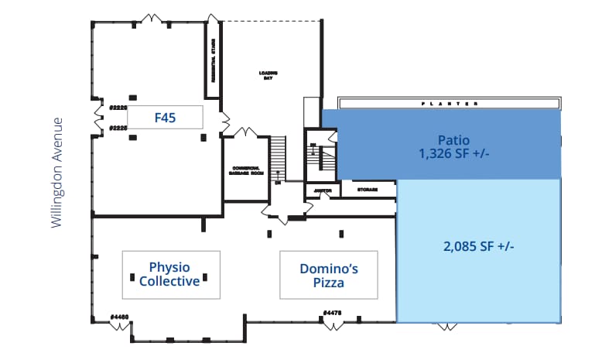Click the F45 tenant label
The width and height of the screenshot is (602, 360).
165,118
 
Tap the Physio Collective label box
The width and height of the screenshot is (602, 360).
170,274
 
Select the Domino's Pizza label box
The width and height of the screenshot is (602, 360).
328,274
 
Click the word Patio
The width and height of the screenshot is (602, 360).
453,140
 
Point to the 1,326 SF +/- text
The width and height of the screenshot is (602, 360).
453,154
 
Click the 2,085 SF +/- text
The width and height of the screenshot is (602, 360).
479,246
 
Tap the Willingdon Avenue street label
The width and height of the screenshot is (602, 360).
56,172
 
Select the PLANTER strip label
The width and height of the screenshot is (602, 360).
449,103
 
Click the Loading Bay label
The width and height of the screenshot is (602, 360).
268,75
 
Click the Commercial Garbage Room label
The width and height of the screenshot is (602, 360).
248,171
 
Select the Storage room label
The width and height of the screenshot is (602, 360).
367,189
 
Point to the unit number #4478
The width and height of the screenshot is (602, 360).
333,313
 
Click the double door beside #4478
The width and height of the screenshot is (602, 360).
333,324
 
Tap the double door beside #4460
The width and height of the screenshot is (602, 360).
119,326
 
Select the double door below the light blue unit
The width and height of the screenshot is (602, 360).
447,327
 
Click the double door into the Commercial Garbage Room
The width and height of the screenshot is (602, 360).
246,132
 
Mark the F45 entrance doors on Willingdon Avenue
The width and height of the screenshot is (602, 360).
97,117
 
